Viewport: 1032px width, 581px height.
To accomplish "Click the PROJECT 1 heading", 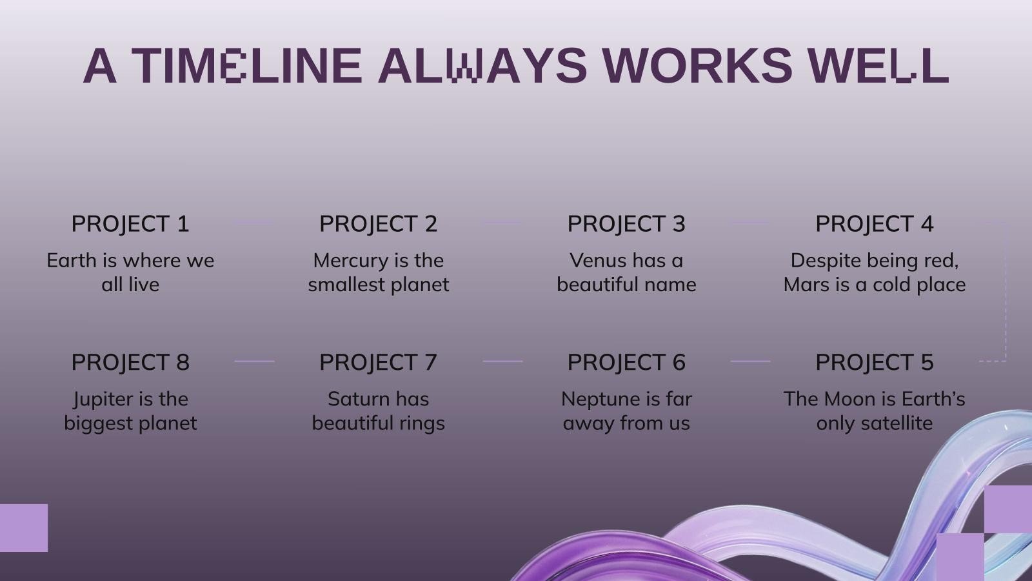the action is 130,224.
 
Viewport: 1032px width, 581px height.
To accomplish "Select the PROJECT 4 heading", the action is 875,224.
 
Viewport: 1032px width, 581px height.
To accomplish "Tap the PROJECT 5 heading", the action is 875,362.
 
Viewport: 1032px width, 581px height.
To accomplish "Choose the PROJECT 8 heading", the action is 130,362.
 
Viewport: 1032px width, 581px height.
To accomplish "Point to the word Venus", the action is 594,261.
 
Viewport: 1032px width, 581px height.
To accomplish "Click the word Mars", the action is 804,285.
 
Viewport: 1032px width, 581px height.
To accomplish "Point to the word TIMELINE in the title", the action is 247,65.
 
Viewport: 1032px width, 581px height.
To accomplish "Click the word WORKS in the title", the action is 697,65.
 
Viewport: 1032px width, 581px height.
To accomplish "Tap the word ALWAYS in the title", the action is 482,65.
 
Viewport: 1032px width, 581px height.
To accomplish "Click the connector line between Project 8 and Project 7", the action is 254,361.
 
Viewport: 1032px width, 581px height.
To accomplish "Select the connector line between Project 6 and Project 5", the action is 751,361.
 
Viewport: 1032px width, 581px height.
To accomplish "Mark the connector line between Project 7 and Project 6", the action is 502,361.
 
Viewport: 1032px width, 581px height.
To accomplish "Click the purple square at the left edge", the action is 23,528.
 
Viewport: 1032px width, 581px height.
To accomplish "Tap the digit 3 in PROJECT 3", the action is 679,224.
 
